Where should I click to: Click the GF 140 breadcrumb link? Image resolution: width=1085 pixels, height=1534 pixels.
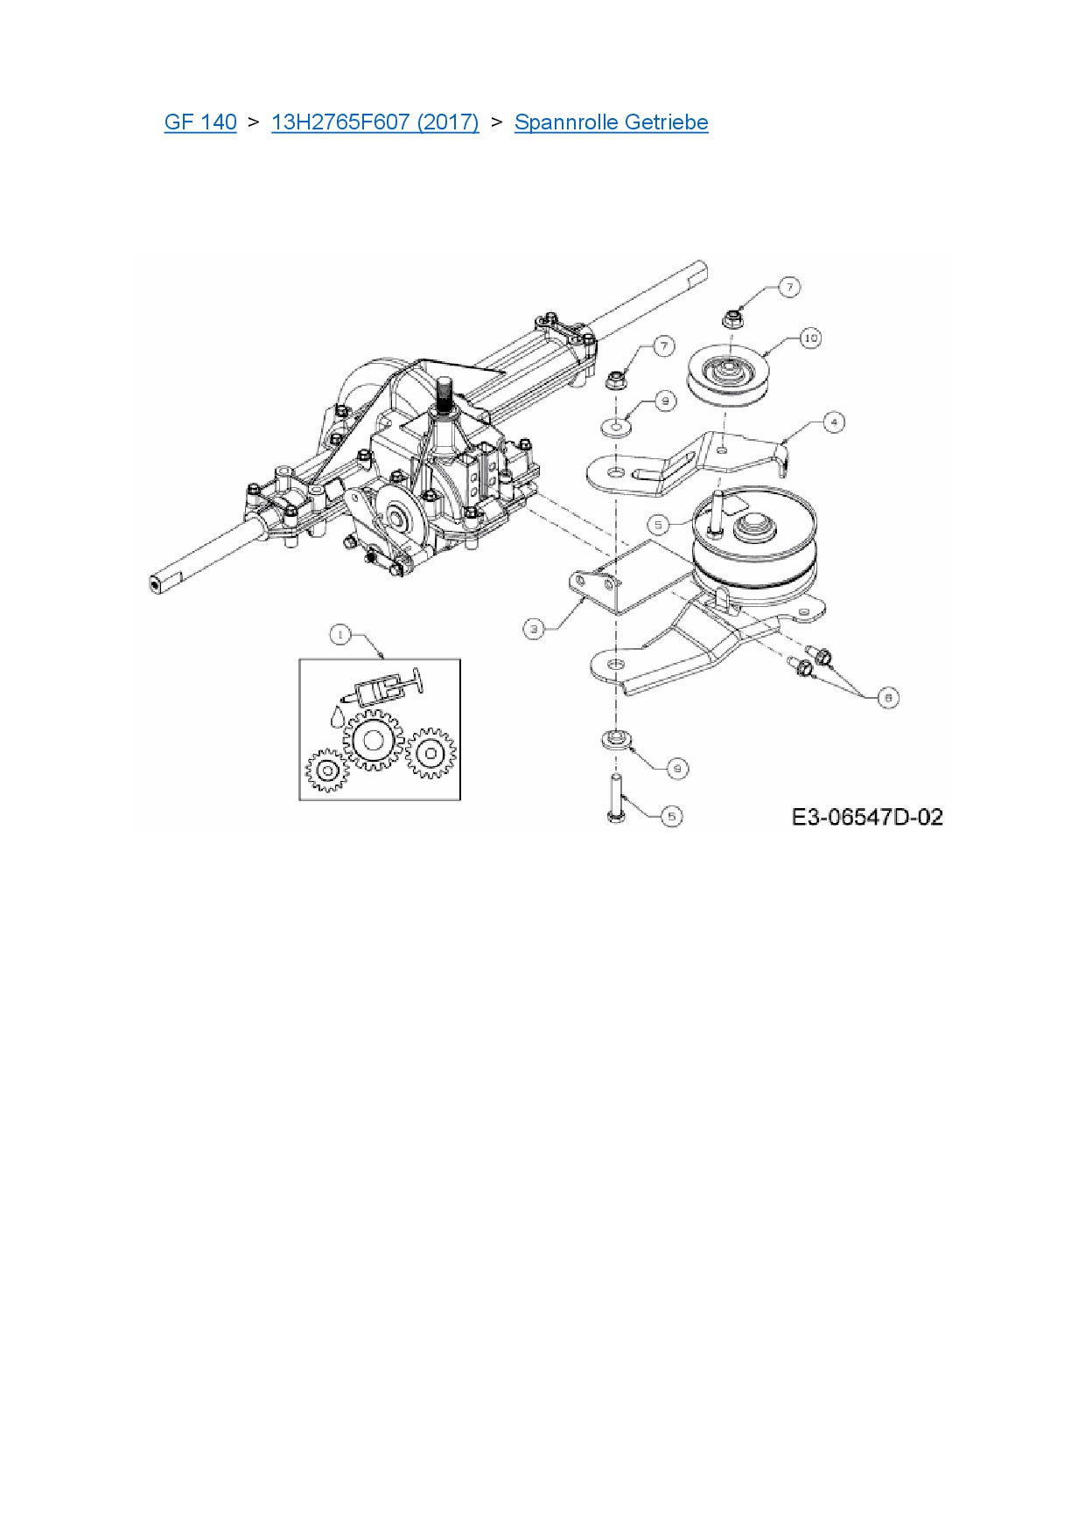(x=200, y=122)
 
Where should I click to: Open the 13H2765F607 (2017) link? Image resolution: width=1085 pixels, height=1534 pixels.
(x=375, y=122)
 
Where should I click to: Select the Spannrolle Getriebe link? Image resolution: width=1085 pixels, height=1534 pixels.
(x=611, y=122)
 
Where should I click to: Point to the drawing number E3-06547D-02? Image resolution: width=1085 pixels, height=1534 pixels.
(x=867, y=817)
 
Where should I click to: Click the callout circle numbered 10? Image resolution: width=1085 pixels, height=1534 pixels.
(x=810, y=338)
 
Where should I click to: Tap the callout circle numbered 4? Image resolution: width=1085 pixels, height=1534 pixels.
(x=834, y=422)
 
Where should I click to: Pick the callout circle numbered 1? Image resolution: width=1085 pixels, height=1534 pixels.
(x=340, y=635)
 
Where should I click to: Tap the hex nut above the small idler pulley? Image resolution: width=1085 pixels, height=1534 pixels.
(x=733, y=317)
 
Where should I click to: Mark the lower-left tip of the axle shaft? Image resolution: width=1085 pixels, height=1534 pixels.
(x=156, y=585)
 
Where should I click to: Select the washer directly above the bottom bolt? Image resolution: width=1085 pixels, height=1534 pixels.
(x=616, y=739)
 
